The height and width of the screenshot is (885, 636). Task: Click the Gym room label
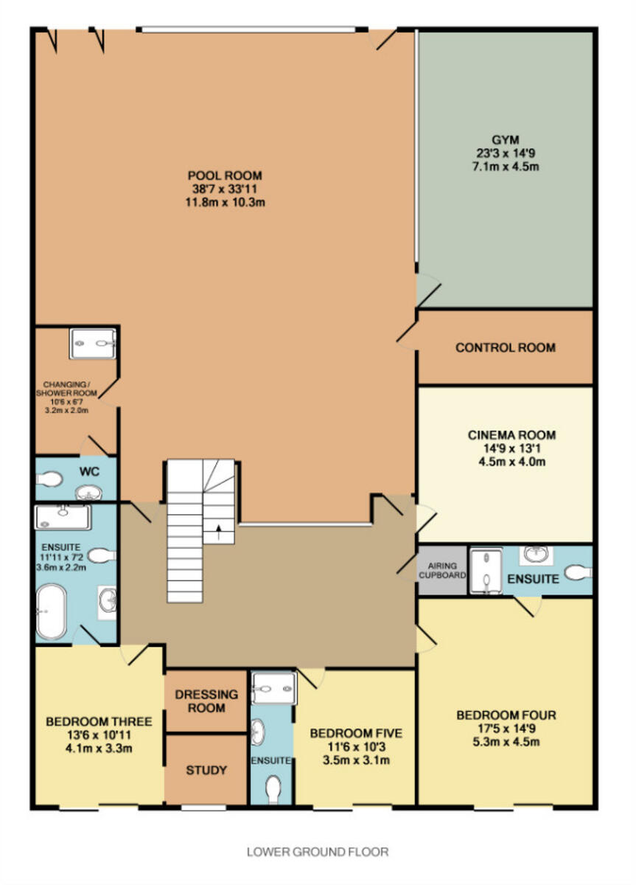coord(506,140)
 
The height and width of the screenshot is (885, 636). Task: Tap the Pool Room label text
coord(225,176)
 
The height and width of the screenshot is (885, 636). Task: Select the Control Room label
coord(506,347)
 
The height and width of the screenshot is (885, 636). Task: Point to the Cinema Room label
coord(511,435)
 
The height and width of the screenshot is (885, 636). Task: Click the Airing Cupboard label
coord(442,571)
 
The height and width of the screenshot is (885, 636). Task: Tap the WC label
coord(89,471)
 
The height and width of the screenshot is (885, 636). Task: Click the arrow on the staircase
coord(218,532)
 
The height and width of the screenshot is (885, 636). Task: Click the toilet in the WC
coord(49,479)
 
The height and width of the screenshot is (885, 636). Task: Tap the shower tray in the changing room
coord(93,344)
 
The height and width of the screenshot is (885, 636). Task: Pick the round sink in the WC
coord(89,493)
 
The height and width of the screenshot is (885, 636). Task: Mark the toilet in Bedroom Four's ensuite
coord(579,572)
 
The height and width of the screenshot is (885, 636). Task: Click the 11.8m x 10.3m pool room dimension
coord(225,203)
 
